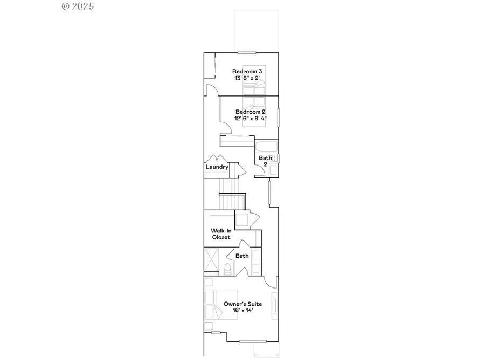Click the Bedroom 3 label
[247, 71]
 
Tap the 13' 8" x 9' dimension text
[247, 78]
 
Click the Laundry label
[217, 167]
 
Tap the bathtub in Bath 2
[266, 147]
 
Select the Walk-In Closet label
[220, 234]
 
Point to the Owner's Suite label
[242, 304]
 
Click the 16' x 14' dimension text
[242, 311]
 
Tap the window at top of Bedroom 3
[247, 52]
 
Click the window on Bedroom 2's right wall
[279, 117]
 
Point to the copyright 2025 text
[78, 6]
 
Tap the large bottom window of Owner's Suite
[253, 341]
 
